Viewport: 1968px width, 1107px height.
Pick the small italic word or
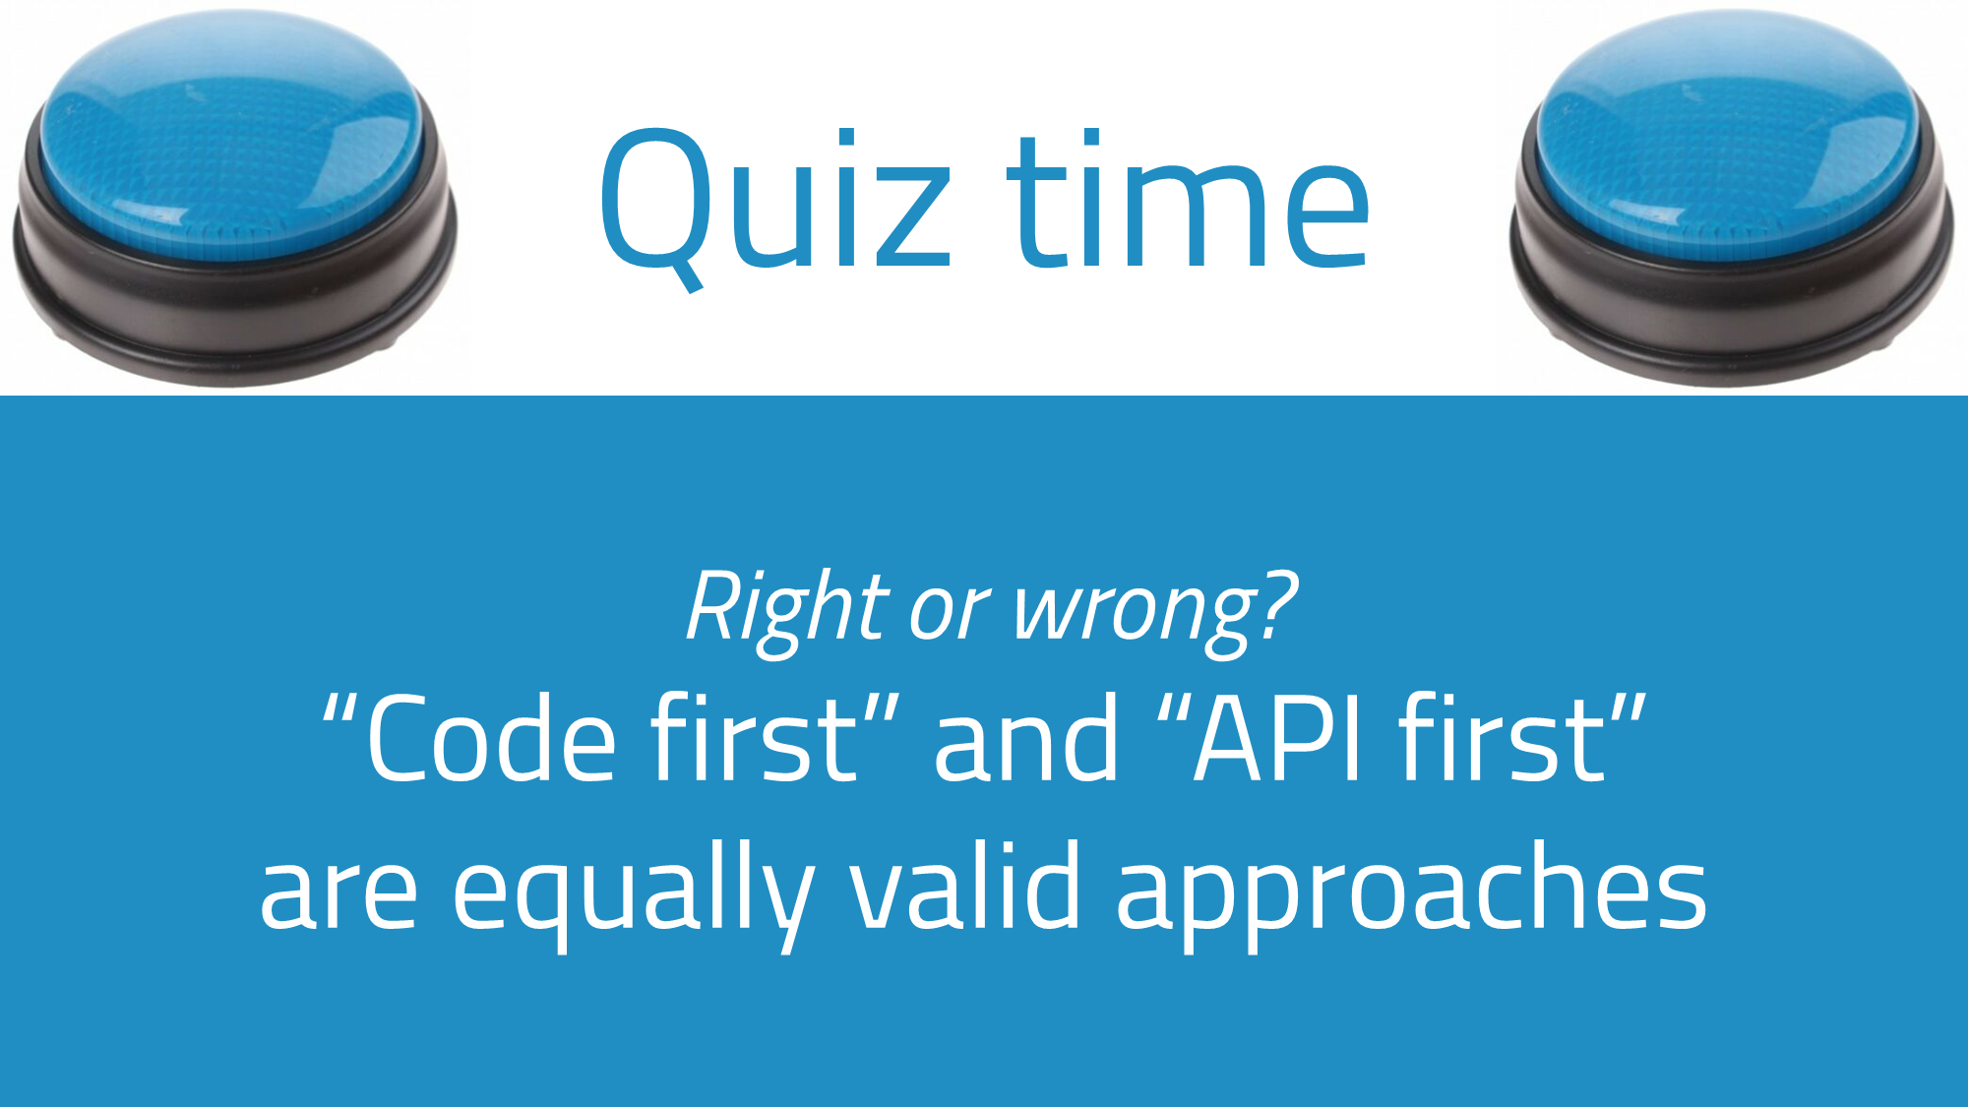coord(951,613)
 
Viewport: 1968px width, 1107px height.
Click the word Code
coord(491,738)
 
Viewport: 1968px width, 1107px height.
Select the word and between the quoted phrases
coord(1026,737)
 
